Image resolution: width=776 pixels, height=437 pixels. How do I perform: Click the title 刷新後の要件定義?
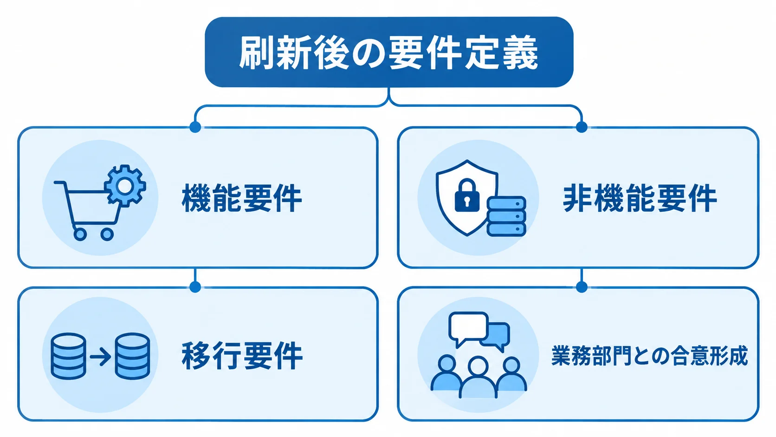(388, 52)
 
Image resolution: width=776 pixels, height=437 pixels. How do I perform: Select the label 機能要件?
(242, 198)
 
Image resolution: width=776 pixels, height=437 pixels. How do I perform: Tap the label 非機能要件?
(640, 198)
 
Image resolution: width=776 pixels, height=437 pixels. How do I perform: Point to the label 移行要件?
(242, 356)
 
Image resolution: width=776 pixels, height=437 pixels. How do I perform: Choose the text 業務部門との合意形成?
(649, 356)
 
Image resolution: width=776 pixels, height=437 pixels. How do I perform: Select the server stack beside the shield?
(506, 216)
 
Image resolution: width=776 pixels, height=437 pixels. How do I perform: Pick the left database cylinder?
(68, 356)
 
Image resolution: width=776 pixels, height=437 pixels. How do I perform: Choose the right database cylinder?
(132, 356)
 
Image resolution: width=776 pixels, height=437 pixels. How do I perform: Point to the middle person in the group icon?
(478, 378)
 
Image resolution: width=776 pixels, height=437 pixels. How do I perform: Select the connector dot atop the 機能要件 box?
(195, 127)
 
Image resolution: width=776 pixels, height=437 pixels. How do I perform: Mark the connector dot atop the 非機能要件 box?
(582, 127)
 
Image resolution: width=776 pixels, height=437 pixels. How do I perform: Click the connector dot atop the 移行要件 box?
(195, 287)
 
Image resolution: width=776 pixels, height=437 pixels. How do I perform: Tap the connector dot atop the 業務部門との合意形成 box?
(582, 287)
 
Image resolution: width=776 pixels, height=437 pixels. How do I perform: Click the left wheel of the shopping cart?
(80, 235)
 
